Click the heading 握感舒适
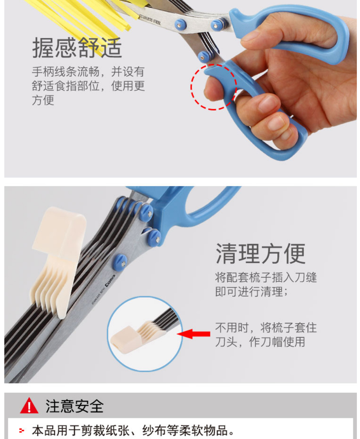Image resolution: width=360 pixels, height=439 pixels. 77,48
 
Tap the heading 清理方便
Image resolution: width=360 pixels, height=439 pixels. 260,254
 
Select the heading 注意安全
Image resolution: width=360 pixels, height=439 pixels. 74,406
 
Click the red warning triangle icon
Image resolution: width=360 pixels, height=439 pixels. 29,406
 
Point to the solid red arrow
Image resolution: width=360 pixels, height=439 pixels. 194,334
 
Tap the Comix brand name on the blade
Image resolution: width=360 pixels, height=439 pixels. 110,280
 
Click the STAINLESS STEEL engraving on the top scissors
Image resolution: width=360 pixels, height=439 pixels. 150,19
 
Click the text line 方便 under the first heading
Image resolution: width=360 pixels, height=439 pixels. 43,100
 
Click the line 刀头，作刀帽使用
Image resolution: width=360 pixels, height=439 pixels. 260,341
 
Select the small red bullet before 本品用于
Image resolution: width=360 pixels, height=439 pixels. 22,431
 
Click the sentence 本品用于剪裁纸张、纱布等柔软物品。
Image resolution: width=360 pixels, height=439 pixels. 133,431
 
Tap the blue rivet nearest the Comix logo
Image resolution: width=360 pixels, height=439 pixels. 121,262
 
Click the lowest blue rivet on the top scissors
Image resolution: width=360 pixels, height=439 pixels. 205,57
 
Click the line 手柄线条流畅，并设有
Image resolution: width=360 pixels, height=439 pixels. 88,72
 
